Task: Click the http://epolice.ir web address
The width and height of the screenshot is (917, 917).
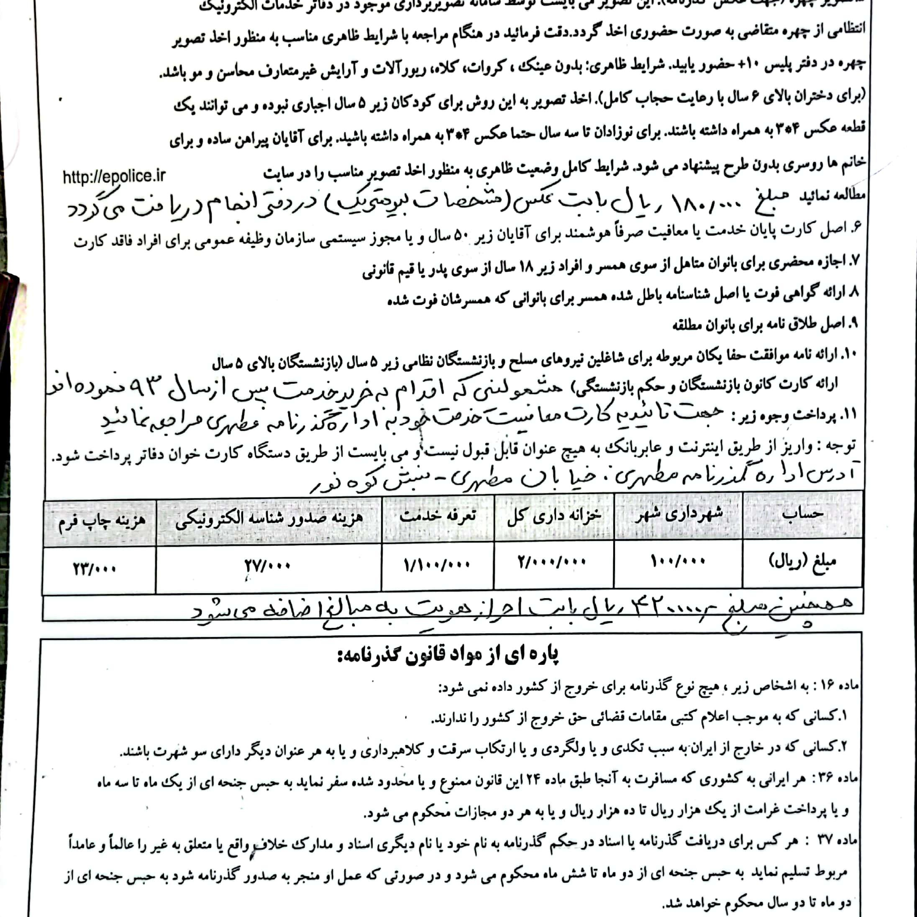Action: (114, 177)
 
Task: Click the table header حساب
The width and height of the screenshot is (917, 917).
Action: (802, 514)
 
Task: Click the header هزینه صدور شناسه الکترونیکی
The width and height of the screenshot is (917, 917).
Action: (269, 520)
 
